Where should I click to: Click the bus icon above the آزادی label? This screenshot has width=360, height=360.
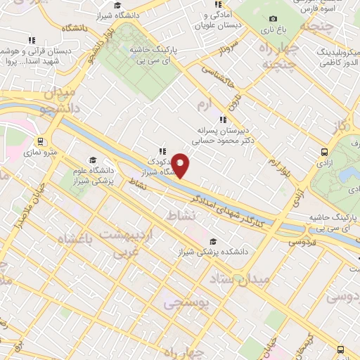click(323, 151)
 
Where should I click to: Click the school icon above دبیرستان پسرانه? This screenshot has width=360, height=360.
click(224, 119)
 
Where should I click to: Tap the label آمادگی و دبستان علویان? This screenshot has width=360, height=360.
click(220, 20)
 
